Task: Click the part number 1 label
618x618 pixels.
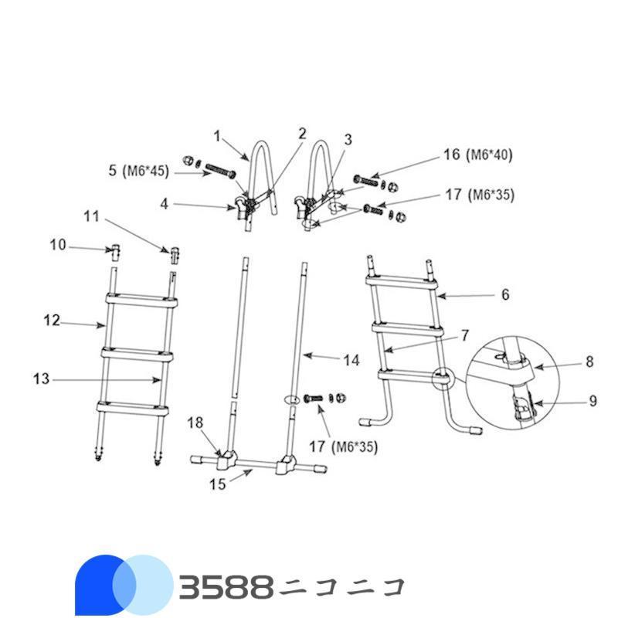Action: point(217,136)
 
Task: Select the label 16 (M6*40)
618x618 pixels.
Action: point(478,155)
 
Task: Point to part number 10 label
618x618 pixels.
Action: point(58,246)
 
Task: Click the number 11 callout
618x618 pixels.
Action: point(92,217)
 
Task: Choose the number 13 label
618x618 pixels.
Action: point(41,379)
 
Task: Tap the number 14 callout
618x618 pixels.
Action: point(351,359)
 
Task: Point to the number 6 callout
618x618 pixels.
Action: point(505,294)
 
